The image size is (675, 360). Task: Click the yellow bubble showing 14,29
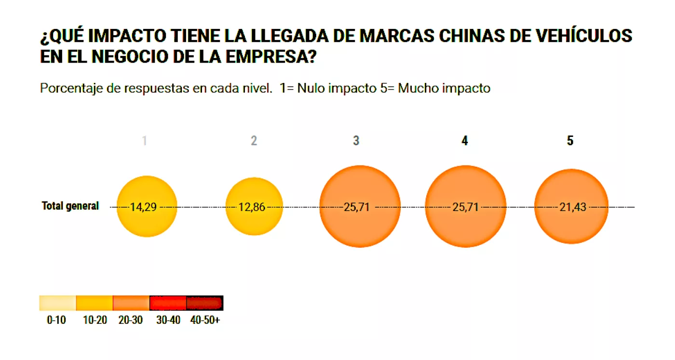pos(147,206)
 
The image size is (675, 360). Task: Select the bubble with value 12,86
pos(254,206)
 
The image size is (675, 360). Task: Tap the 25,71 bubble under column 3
pos(360,206)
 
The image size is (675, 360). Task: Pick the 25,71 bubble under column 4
pos(465,206)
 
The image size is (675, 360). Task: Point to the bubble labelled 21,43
pos(571,206)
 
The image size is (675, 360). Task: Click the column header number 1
pos(145,141)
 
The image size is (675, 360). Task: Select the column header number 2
pos(254,141)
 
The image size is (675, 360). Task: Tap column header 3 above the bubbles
pos(356,141)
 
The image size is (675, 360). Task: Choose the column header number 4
pos(464,141)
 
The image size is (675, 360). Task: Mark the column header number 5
pos(570,141)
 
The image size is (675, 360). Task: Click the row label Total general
pos(70,206)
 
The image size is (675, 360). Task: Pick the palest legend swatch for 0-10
pos(57,303)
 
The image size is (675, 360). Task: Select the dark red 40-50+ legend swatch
pos(204,303)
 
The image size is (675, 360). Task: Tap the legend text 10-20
pos(95,320)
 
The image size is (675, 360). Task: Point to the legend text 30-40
pos(168,320)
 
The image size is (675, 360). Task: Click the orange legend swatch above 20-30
pos(131,303)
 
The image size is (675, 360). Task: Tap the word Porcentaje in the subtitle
pos(70,89)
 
